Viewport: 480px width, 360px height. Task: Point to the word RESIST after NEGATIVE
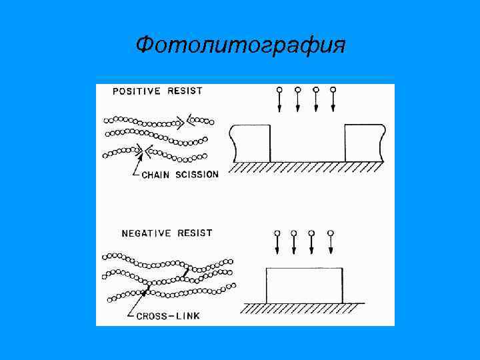[x=192, y=233]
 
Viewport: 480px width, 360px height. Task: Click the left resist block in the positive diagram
[x=251, y=143]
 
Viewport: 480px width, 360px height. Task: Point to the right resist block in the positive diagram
[x=364, y=143]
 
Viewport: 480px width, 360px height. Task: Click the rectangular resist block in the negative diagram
[x=305, y=285]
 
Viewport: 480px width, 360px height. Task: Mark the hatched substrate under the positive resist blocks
[x=307, y=167]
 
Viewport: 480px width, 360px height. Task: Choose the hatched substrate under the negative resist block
[x=303, y=309]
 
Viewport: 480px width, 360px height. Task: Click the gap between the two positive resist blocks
[x=307, y=143]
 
